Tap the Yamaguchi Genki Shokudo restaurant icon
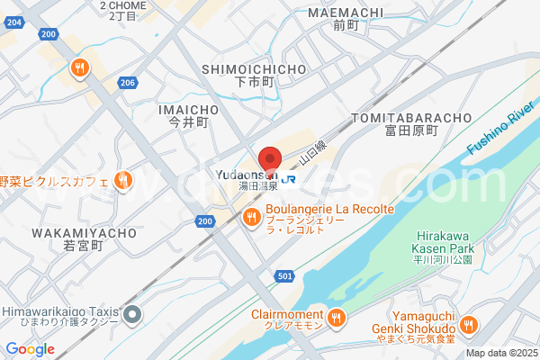tap(468, 325)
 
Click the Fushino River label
tap(501, 130)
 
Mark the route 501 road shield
tap(284, 276)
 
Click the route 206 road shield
tap(127, 83)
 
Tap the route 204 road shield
tap(49, 34)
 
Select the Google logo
tap(30, 349)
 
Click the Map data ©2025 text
tap(500, 353)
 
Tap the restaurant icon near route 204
tap(81, 67)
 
